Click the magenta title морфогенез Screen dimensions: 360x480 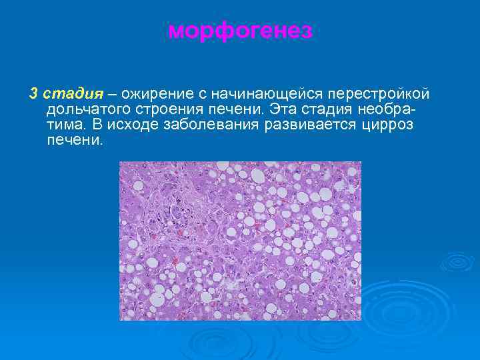(x=239, y=31)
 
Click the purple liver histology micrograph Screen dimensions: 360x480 (x=240, y=241)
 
